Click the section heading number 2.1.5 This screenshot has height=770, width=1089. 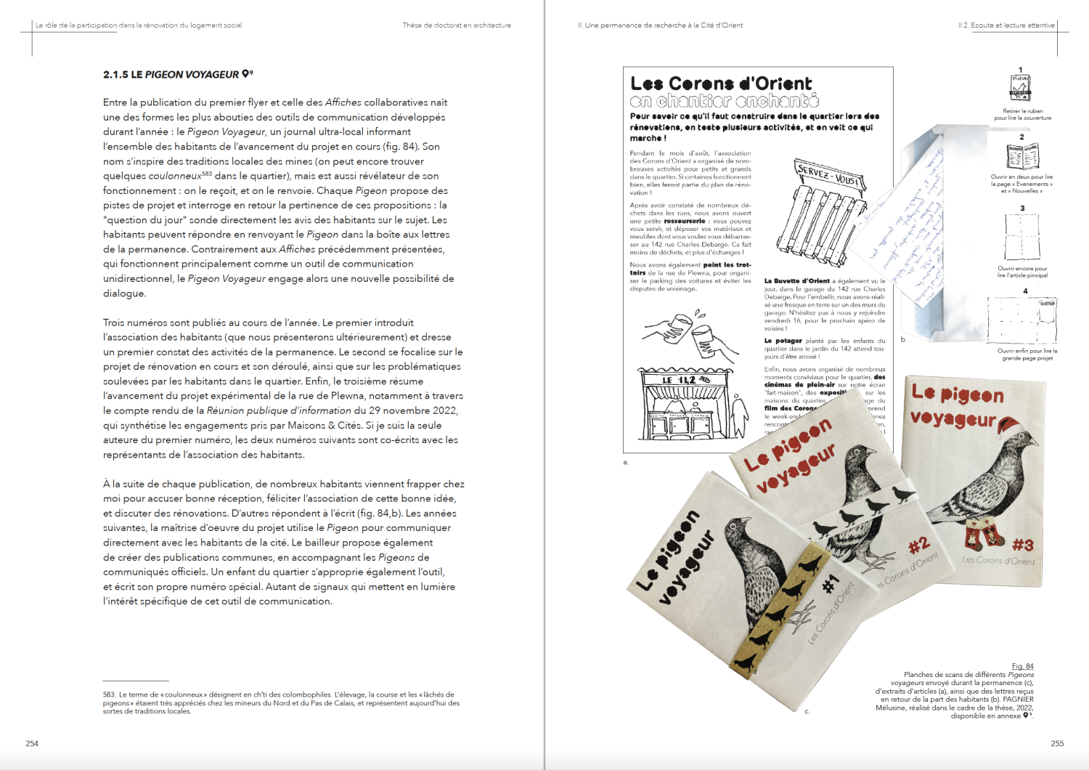(115, 75)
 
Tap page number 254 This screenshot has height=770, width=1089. (32, 743)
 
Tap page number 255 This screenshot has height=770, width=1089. (1057, 743)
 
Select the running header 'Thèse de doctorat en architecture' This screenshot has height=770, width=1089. (457, 25)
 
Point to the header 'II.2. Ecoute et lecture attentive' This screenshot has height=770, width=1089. (1006, 25)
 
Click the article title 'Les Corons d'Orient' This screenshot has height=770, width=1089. (721, 84)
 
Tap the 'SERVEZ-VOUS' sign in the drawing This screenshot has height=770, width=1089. (828, 174)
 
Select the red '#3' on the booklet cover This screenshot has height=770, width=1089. (1022, 545)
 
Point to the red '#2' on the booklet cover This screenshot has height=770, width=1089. (918, 545)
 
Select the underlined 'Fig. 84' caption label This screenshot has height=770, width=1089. (1022, 666)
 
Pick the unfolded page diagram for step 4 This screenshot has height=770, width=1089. (1021, 320)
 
